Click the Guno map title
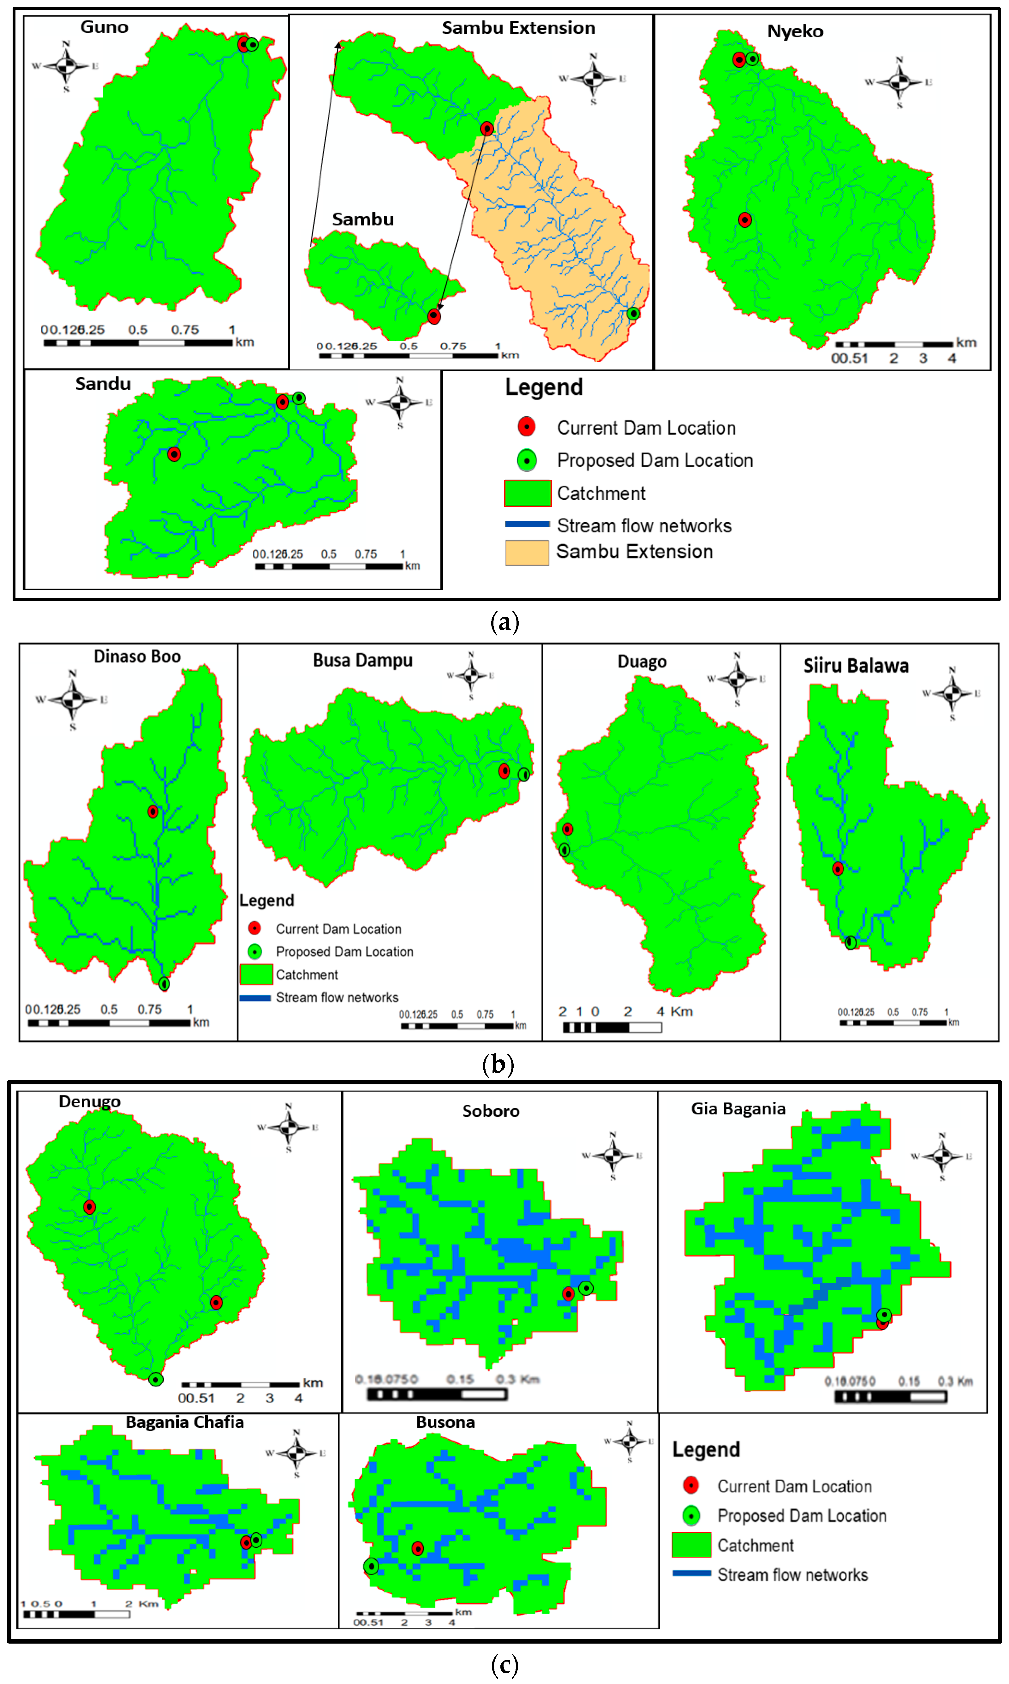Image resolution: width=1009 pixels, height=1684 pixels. coord(104,27)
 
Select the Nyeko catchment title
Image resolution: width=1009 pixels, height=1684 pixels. coord(795,31)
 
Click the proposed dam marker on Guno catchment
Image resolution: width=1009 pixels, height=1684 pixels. coord(252,45)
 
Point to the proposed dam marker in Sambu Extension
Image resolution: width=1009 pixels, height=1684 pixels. coord(633,314)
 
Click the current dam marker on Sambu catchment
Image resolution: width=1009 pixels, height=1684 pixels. coord(434,316)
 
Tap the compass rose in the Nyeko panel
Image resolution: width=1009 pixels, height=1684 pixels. coord(899,82)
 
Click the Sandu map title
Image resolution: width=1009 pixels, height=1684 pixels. coord(103,384)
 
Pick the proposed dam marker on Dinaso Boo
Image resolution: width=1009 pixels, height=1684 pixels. coord(164,984)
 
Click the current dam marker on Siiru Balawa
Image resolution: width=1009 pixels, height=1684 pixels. coord(838,869)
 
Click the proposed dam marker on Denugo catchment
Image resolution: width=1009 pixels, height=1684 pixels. coord(156,1379)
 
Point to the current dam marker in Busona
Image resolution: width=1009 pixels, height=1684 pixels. coord(417,1548)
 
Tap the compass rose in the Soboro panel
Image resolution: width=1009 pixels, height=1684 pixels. coord(612,1155)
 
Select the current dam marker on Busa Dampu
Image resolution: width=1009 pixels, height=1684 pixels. coord(504,771)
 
